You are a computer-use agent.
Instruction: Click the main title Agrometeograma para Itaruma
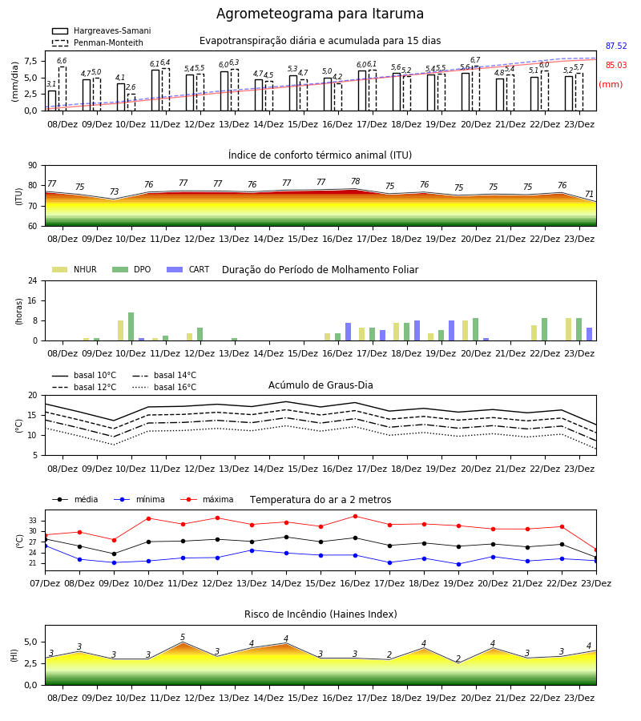(320, 14)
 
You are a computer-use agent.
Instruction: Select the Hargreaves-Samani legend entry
(102, 30)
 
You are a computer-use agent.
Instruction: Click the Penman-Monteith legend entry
(98, 42)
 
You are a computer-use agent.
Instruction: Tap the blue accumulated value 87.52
(616, 46)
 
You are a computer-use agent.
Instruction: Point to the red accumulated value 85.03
(616, 66)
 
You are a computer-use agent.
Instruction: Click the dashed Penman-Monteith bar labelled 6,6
(62, 89)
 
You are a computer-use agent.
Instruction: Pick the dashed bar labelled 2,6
(131, 102)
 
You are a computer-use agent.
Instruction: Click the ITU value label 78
(356, 181)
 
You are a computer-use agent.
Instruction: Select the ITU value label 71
(589, 194)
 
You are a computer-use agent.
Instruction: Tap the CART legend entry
(188, 269)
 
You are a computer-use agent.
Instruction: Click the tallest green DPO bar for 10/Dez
(131, 327)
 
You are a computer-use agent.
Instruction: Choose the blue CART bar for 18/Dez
(417, 331)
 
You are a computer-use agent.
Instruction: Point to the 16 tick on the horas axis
(33, 300)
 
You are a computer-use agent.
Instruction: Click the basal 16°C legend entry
(164, 387)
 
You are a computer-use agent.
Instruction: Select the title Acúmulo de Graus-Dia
(320, 385)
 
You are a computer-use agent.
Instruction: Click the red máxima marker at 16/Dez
(355, 517)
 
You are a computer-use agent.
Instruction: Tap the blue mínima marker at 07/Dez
(45, 546)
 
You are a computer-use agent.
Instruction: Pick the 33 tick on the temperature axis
(33, 521)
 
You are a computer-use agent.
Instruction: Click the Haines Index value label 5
(183, 638)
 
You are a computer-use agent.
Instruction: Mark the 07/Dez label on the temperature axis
(45, 583)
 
